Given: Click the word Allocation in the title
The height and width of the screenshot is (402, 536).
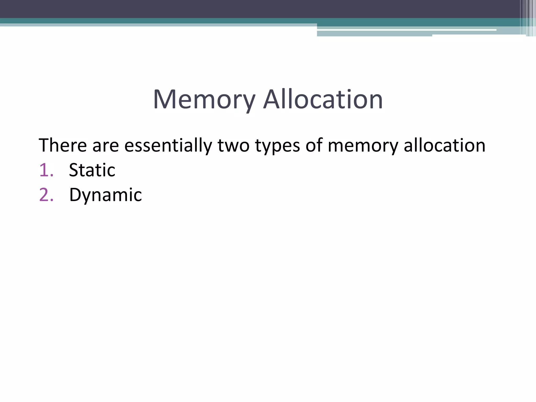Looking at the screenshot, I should click(x=323, y=99).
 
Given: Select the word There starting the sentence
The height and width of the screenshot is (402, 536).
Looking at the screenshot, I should click(x=63, y=145).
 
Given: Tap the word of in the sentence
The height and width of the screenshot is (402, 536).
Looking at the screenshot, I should click(x=314, y=145).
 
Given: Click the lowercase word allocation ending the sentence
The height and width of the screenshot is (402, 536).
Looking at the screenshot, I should click(x=444, y=145).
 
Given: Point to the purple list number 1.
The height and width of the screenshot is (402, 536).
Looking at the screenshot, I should click(x=46, y=170).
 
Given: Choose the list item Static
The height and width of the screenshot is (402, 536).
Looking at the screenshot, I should click(x=92, y=170).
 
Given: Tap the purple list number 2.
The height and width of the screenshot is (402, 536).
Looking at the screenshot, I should click(x=46, y=195).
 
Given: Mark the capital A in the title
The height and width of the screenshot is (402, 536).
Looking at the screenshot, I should click(x=273, y=99).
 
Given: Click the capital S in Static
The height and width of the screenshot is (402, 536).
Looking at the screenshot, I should click(x=74, y=170).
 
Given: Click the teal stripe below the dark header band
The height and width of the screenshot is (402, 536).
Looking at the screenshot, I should click(x=157, y=21).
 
